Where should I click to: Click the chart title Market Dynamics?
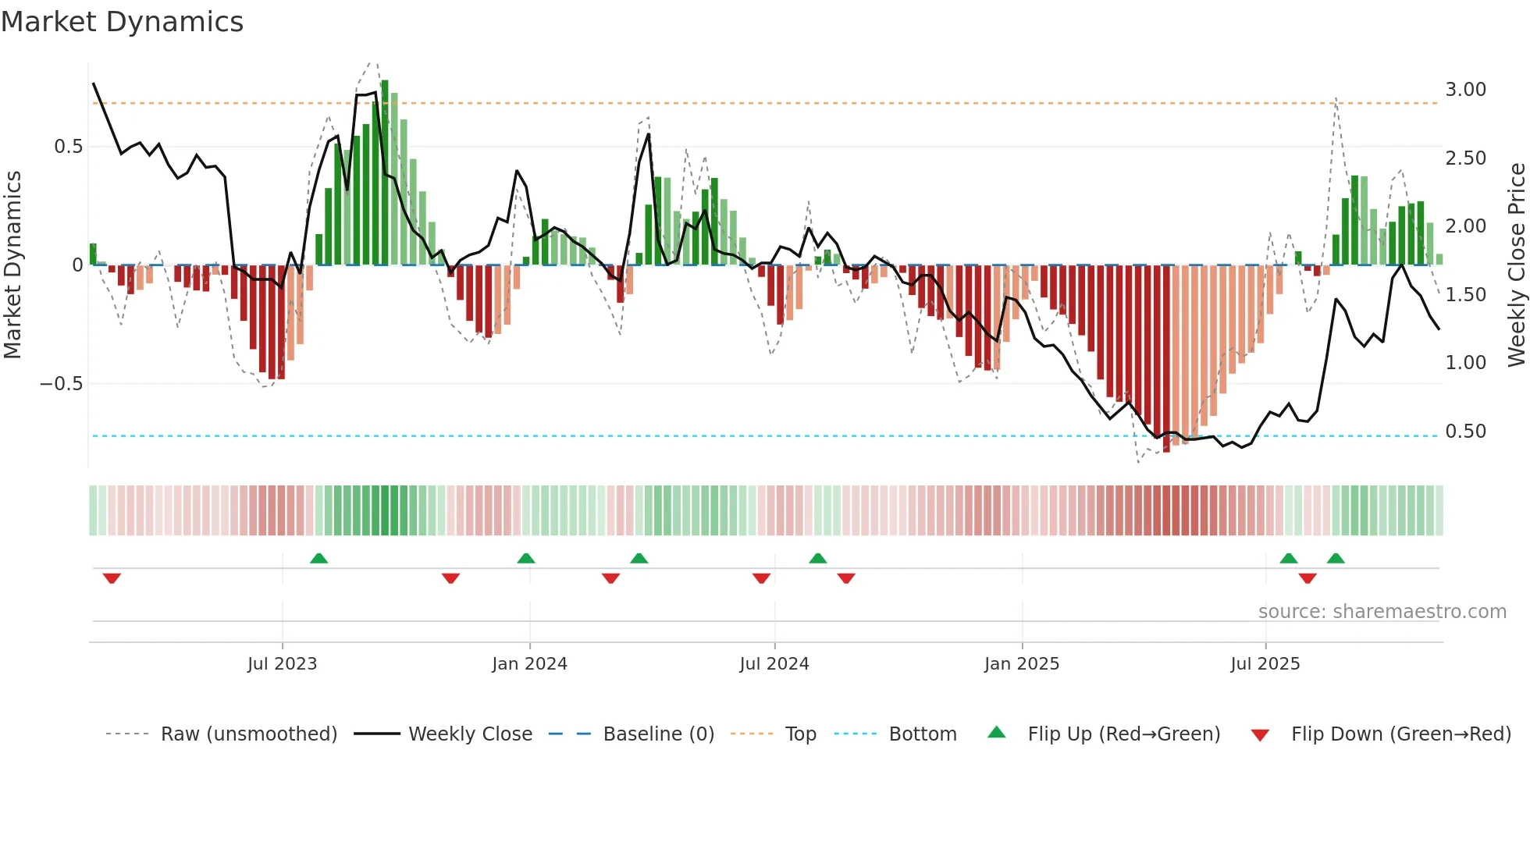(122, 22)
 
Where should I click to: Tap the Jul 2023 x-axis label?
(282, 664)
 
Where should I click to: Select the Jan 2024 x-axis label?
(529, 664)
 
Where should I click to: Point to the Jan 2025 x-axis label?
(1021, 664)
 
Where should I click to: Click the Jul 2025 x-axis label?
(1265, 664)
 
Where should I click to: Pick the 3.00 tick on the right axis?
(1465, 90)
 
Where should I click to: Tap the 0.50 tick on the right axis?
(1465, 432)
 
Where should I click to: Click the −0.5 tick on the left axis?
(61, 384)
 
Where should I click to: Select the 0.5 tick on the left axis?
(68, 147)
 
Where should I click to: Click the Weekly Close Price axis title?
(1516, 265)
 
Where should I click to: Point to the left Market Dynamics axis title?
(12, 265)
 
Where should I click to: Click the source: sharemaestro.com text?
(1382, 612)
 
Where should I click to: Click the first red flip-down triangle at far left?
(112, 578)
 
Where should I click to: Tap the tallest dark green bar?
(385, 172)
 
